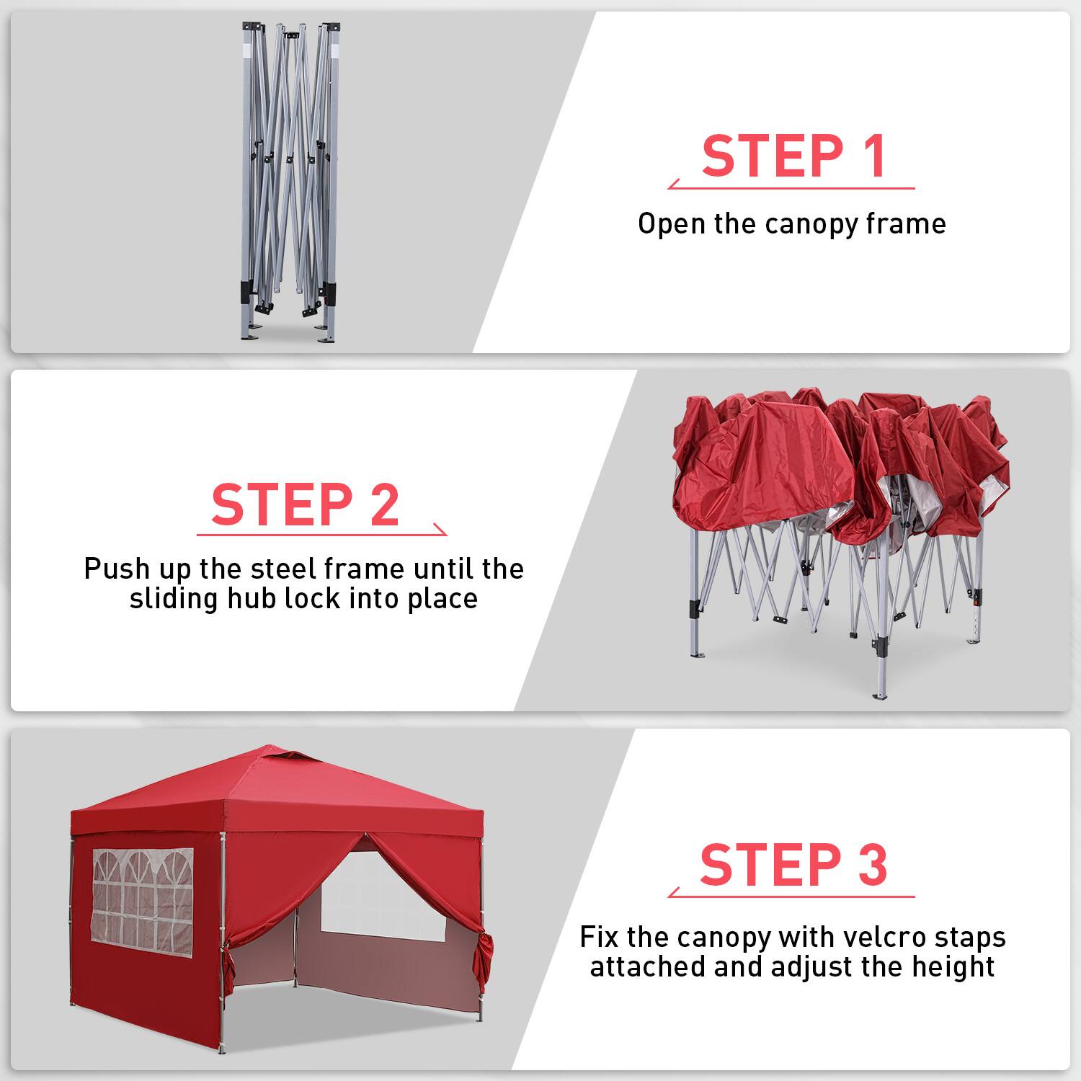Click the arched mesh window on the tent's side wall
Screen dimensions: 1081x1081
[x=143, y=898]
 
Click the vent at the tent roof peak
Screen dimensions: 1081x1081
[x=290, y=757]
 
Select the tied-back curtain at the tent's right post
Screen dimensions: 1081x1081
[x=486, y=951]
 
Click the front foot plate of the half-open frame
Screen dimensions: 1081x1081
[x=881, y=695]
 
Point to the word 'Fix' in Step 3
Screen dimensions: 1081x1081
[x=599, y=938]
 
